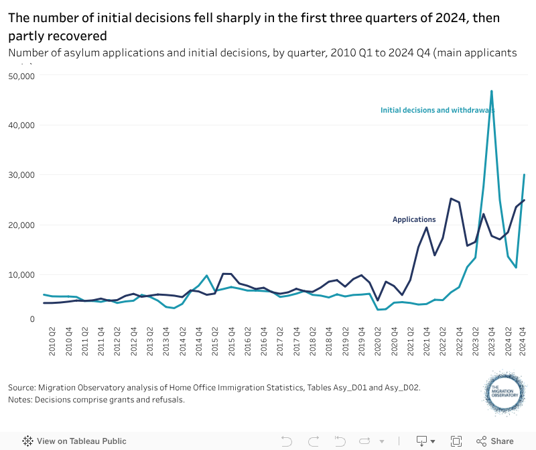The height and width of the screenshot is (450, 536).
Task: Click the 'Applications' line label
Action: coord(414,219)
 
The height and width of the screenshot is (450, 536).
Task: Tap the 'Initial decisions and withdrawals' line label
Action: coord(437,110)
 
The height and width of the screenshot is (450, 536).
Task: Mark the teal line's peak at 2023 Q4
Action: coord(492,91)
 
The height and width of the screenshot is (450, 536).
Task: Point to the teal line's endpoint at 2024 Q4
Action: coord(524,175)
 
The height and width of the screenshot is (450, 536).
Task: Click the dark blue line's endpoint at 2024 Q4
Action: coord(524,200)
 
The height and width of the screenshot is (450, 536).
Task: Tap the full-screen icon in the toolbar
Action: coord(456,441)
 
